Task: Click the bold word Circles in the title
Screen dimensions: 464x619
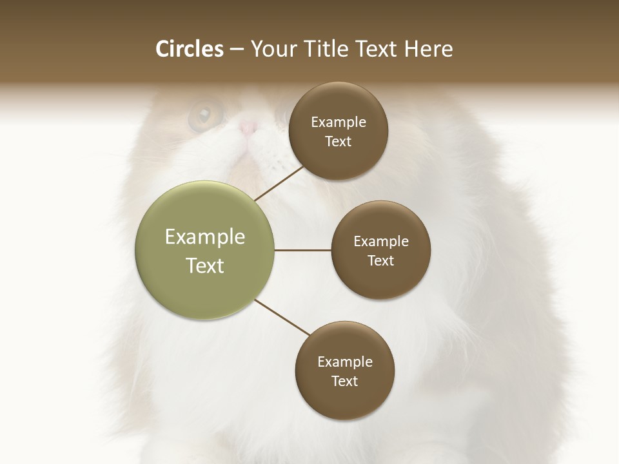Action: click(x=190, y=49)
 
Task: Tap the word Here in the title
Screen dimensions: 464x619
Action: click(x=428, y=49)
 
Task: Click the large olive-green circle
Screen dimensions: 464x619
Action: click(x=204, y=250)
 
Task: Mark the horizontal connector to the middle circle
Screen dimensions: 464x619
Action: click(x=302, y=250)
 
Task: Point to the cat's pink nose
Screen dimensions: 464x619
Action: click(x=248, y=127)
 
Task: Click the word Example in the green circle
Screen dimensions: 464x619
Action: click(x=204, y=237)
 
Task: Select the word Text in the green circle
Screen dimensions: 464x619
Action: click(x=204, y=266)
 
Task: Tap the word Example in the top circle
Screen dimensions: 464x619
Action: click(x=338, y=122)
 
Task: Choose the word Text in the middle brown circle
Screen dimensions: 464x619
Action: click(x=380, y=260)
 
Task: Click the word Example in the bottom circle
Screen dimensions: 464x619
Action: click(x=344, y=362)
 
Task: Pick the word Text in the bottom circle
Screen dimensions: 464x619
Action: click(x=344, y=381)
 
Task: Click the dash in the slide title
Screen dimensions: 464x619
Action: click(x=237, y=50)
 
